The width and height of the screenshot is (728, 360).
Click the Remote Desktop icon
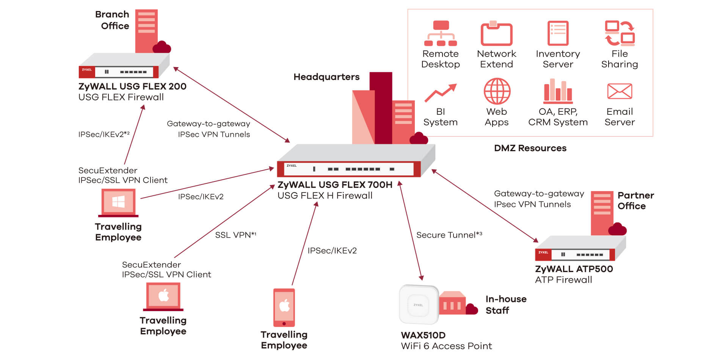[440, 33]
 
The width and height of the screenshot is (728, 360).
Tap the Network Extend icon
[496, 33]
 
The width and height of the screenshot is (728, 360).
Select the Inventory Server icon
[558, 33]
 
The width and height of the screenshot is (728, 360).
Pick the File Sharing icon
[620, 33]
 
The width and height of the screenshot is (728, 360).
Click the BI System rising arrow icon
[440, 93]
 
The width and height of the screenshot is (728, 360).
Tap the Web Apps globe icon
[497, 91]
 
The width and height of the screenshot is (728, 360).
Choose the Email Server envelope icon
[620, 91]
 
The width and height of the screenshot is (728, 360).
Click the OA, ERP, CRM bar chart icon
[558, 91]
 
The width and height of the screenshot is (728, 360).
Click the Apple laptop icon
[163, 296]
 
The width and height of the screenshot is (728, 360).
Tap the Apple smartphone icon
[284, 307]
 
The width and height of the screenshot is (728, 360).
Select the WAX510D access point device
[418, 304]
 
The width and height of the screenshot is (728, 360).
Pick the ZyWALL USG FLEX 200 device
[123, 66]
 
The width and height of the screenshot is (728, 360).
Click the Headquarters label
[326, 77]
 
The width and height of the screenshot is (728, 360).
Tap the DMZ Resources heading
[530, 148]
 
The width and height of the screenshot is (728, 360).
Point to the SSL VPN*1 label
[235, 235]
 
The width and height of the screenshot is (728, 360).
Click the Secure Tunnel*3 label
[449, 235]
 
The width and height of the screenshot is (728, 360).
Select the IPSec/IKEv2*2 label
[104, 134]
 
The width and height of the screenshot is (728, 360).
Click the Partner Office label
[635, 200]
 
